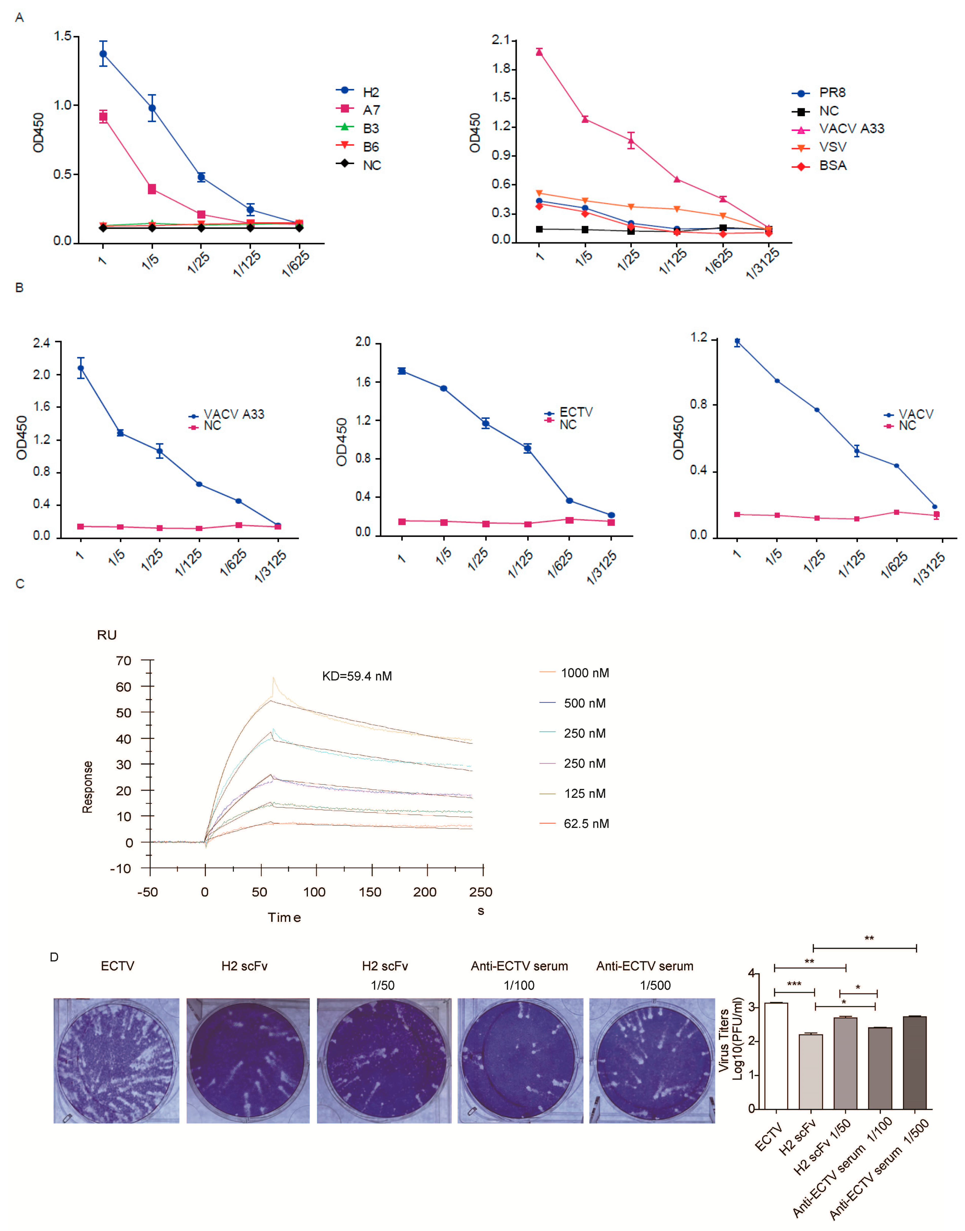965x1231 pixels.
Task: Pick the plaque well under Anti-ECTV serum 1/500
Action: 652,1060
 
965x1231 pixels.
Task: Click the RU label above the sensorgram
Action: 107,635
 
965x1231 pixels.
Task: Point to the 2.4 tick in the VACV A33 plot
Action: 41,343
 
